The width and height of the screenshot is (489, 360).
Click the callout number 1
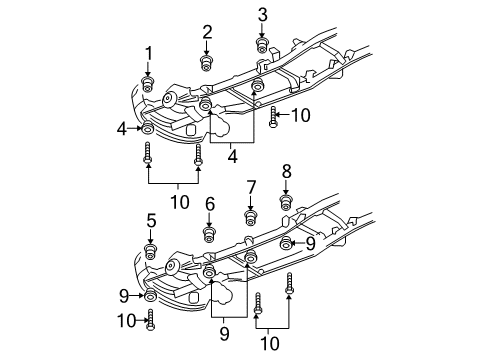(148, 53)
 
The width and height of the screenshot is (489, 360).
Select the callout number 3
(263, 14)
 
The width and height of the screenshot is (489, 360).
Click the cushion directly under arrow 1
(148, 84)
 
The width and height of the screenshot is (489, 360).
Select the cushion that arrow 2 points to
(207, 64)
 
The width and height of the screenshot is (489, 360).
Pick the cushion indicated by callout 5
(151, 251)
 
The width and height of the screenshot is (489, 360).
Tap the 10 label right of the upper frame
(300, 115)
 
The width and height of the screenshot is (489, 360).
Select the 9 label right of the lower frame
(310, 242)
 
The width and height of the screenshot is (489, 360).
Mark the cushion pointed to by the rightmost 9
(287, 243)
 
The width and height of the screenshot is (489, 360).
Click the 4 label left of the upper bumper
(121, 128)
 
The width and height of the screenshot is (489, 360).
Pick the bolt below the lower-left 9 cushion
(151, 321)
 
